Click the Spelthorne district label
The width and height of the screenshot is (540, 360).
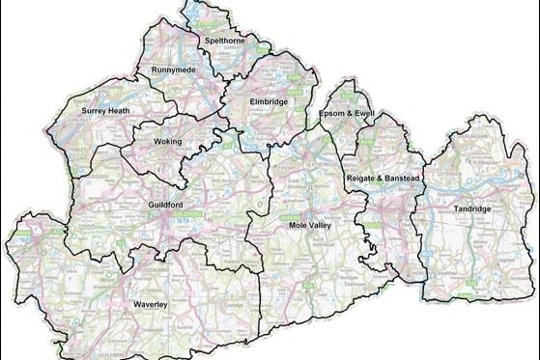pos(221,41)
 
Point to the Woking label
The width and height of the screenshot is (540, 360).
pos(167,141)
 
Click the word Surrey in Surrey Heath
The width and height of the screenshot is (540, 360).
pos(96,112)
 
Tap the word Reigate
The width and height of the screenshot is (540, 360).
pos(360,180)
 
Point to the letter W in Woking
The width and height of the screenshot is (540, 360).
pos(156,141)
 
